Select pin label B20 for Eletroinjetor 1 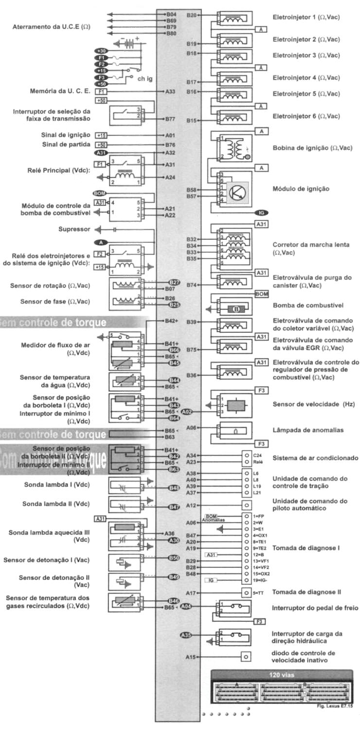pyautogui.click(x=191, y=16)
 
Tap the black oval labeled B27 pyautogui.click(x=174, y=283)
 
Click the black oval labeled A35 pyautogui.click(x=186, y=635)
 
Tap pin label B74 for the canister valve pyautogui.click(x=191, y=285)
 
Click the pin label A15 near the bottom pyautogui.click(x=191, y=657)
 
